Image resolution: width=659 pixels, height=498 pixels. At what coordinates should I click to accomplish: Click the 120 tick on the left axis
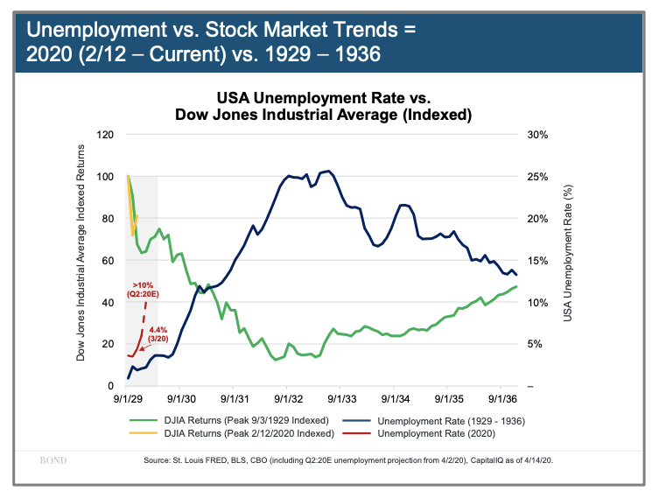pos(106,135)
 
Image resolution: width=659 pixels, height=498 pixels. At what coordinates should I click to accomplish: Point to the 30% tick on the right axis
pos(537,135)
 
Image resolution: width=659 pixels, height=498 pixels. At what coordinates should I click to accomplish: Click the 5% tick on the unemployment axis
pos(535,344)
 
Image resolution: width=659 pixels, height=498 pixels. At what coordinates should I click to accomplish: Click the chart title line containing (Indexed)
pos(324,115)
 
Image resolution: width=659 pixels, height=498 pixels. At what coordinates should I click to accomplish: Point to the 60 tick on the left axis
pos(109,260)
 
